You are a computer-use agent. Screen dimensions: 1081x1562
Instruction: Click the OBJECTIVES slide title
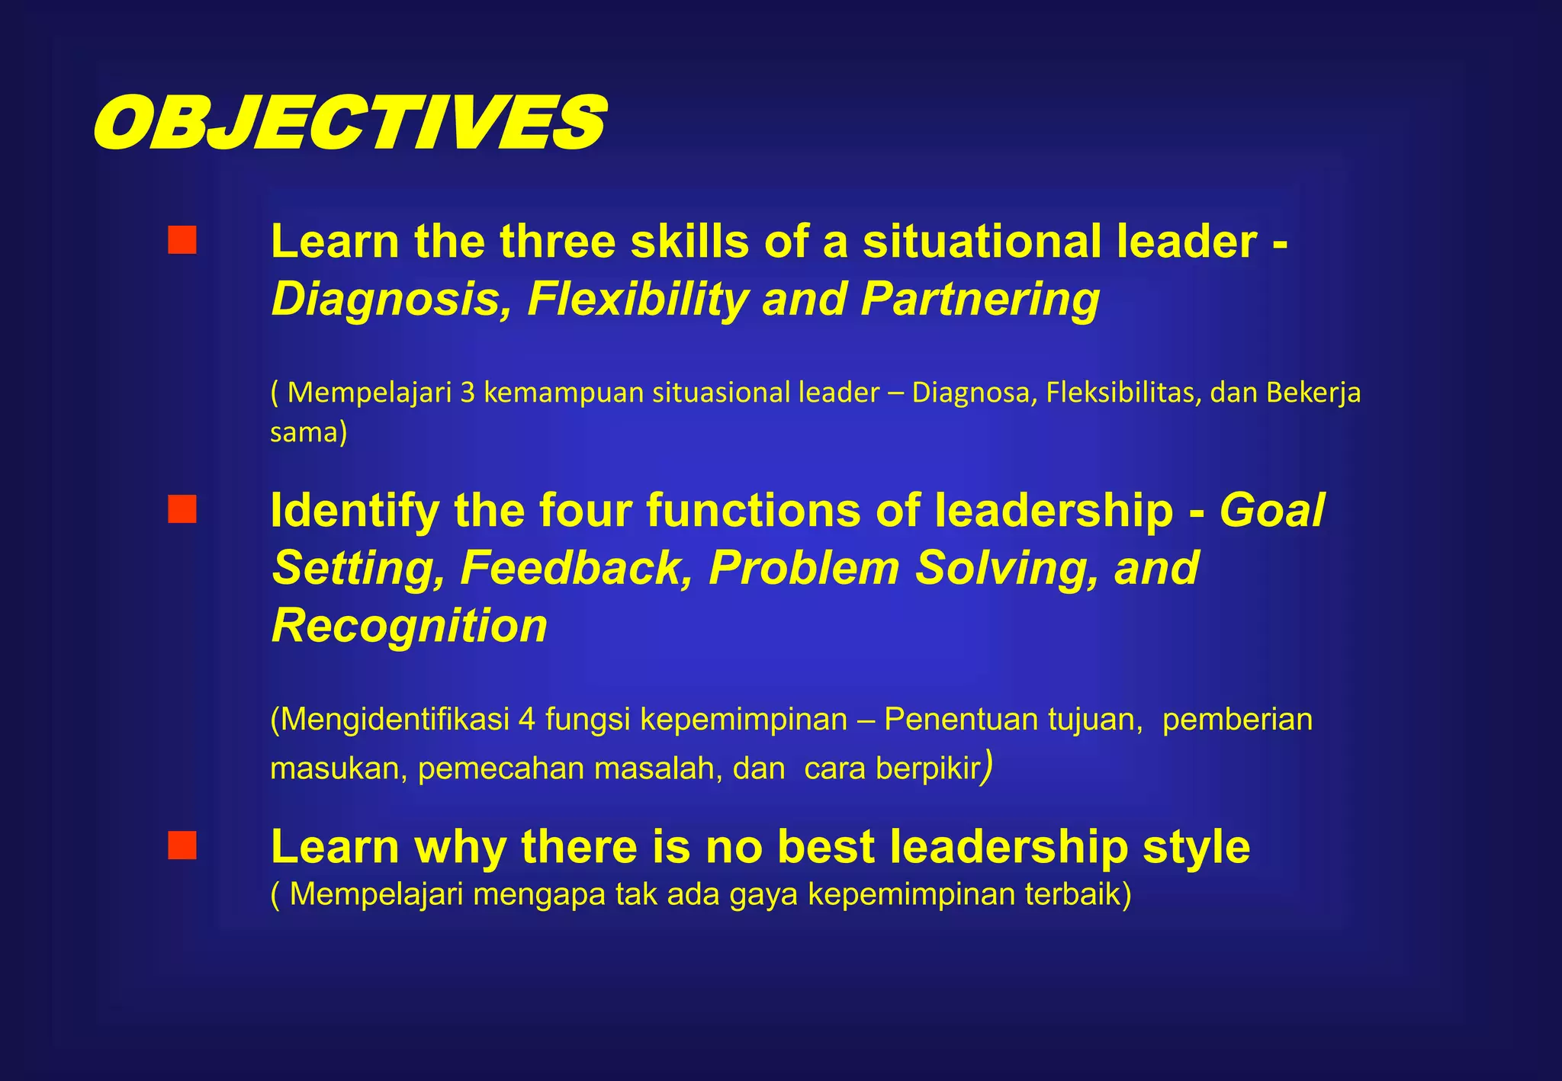click(x=349, y=123)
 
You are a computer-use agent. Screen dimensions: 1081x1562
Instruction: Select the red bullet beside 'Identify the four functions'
click(x=182, y=509)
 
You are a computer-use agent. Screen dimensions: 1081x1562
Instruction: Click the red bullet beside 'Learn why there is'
click(x=182, y=845)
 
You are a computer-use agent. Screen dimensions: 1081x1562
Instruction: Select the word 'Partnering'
click(x=980, y=299)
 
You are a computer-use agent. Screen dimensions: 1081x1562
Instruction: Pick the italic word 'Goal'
click(x=1271, y=510)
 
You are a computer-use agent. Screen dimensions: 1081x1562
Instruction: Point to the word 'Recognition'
click(x=410, y=626)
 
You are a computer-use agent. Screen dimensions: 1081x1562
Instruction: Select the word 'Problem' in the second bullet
click(x=804, y=568)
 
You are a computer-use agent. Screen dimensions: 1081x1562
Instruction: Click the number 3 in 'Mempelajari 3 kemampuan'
click(x=467, y=392)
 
